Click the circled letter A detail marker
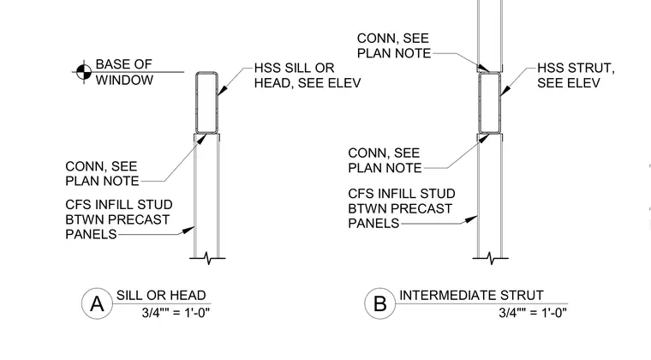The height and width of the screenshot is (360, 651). click(x=97, y=303)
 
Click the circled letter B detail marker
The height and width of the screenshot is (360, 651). click(x=380, y=303)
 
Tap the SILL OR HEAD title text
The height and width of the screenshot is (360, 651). click(x=161, y=295)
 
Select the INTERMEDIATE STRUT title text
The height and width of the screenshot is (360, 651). click(x=471, y=295)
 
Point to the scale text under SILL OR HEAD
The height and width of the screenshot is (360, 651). click(x=176, y=312)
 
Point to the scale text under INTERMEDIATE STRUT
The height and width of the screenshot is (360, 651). click(x=533, y=312)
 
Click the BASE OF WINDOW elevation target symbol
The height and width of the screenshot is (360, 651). click(x=84, y=72)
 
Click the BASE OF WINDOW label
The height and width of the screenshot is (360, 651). click(x=124, y=72)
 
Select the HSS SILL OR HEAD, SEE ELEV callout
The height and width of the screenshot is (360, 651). click(x=308, y=75)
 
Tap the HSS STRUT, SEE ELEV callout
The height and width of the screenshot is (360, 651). click(x=576, y=75)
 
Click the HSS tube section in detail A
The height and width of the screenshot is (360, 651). click(x=206, y=103)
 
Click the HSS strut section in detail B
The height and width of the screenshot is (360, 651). click(x=489, y=103)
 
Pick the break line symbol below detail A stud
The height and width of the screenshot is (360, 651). click(x=207, y=258)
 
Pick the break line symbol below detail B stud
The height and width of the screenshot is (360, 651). click(x=490, y=258)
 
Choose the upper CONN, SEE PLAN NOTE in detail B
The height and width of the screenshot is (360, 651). click(x=393, y=45)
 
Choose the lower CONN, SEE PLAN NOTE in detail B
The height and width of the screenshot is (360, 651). click(x=385, y=160)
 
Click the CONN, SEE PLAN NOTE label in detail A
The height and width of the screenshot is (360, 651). click(x=102, y=173)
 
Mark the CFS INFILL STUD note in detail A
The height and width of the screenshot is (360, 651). click(x=119, y=219)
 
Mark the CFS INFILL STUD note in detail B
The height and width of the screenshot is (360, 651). click(x=402, y=208)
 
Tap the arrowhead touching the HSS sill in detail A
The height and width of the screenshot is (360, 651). click(x=223, y=90)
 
